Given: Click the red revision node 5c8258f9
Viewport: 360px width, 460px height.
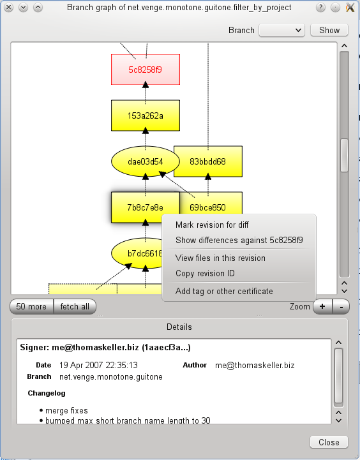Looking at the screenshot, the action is pyautogui.click(x=146, y=70).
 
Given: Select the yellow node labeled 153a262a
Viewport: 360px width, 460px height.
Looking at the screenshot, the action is pyautogui.click(x=146, y=115).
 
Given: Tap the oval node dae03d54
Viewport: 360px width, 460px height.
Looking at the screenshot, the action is pyautogui.click(x=146, y=161).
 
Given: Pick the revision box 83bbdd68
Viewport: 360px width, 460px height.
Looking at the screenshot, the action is pyautogui.click(x=208, y=161).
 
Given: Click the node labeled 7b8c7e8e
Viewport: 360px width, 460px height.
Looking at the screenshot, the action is pyautogui.click(x=146, y=207).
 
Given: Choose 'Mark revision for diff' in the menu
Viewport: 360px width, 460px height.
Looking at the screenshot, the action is pyautogui.click(x=212, y=225).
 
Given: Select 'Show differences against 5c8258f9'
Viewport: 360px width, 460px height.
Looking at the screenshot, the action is pyautogui.click(x=239, y=241).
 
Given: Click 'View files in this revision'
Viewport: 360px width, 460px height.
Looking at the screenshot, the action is pyautogui.click(x=220, y=258).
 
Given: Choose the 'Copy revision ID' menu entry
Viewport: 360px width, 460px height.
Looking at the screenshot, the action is pyautogui.click(x=205, y=274).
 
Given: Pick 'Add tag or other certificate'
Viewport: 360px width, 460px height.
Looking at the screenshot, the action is pyautogui.click(x=224, y=292).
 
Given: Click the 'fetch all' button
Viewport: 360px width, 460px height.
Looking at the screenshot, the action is pyautogui.click(x=75, y=307).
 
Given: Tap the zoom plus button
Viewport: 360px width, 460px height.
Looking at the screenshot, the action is pyautogui.click(x=322, y=307).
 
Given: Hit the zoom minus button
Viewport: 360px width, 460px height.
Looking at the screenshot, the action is pyautogui.click(x=341, y=307).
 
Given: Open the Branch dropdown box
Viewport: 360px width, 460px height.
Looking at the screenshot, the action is pyautogui.click(x=281, y=30).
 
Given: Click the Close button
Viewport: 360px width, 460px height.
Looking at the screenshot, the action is pyautogui.click(x=329, y=442).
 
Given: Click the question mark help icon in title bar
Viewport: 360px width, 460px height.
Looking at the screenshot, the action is pyautogui.click(x=320, y=7).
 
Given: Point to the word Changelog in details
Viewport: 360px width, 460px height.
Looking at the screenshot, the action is pyautogui.click(x=47, y=393).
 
